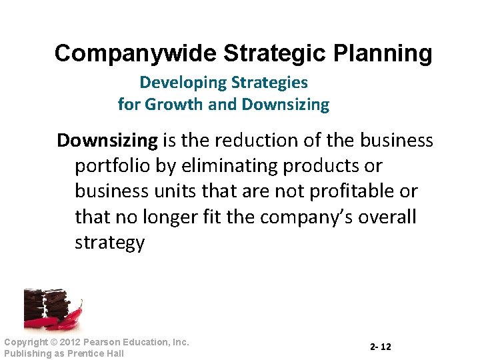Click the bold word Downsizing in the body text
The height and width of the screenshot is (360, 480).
107,141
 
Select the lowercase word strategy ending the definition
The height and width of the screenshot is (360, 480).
109,243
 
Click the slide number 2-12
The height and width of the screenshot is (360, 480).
381,347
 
